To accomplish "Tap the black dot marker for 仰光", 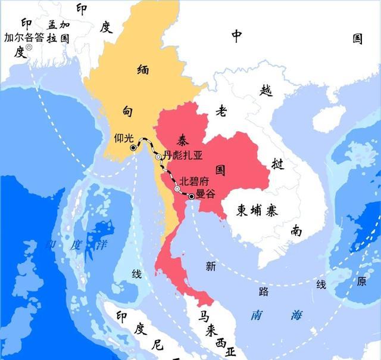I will pyautogui.click(x=132, y=147).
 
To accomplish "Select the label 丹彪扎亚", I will pyautogui.click(x=183, y=156).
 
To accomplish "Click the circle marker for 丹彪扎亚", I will pyautogui.click(x=158, y=157).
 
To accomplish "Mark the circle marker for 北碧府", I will pyautogui.click(x=177, y=189).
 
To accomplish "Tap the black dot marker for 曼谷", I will pyautogui.click(x=191, y=195).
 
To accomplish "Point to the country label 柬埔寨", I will pyautogui.click(x=258, y=210).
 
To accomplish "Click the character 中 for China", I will pyautogui.click(x=236, y=37).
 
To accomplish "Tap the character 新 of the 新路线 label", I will pyautogui.click(x=211, y=267).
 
